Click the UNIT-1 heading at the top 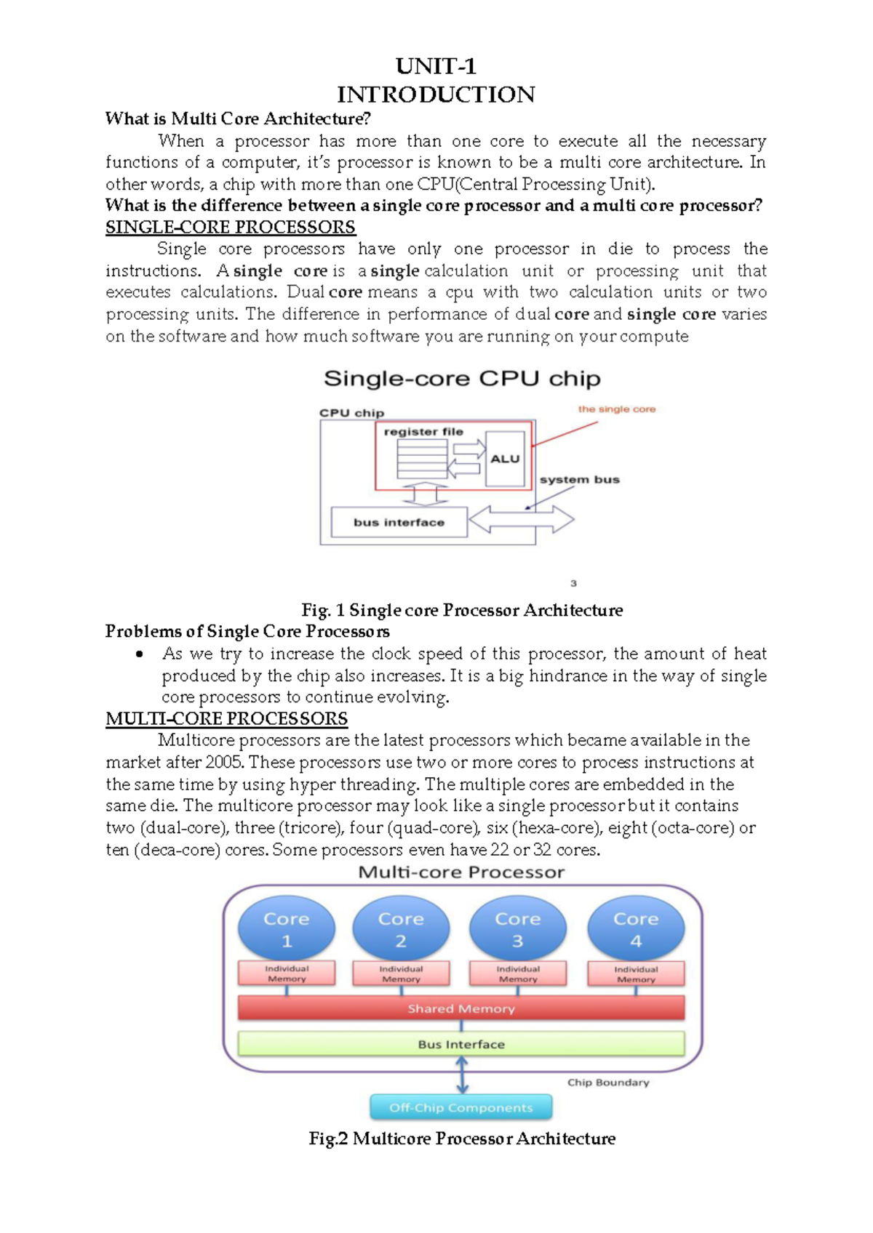(x=436, y=66)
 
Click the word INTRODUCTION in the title (x=436, y=95)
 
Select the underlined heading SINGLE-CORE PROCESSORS (x=230, y=227)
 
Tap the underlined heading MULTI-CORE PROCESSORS (x=226, y=718)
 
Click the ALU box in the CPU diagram (x=505, y=459)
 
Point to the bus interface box (x=399, y=522)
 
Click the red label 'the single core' (x=616, y=409)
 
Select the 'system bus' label (x=579, y=480)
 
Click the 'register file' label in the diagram (x=423, y=432)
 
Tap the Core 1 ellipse (x=287, y=928)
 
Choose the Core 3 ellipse (x=517, y=928)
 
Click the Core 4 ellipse (x=636, y=928)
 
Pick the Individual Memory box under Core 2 (x=401, y=973)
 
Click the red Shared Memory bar (x=461, y=1008)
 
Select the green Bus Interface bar (x=461, y=1044)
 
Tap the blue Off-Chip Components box (x=461, y=1107)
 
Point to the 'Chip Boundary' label (x=608, y=1083)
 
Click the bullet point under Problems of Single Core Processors (x=140, y=654)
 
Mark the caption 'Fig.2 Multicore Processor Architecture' (x=462, y=1138)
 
